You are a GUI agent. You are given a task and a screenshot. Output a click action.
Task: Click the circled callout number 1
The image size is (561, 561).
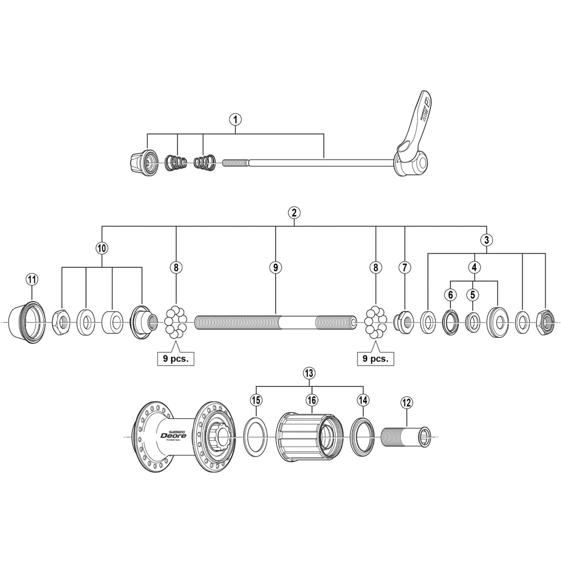[x=235, y=119]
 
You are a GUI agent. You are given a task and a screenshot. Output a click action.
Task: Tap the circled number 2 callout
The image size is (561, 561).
[x=294, y=213]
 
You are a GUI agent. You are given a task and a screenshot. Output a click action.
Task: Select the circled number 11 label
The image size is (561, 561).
[x=32, y=280]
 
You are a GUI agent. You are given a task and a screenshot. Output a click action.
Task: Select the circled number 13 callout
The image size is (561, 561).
[x=309, y=373]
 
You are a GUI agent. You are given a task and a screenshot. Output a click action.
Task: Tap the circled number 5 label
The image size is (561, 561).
[x=472, y=295]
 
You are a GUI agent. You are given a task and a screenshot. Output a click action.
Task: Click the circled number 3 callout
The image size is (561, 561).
[x=486, y=240]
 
